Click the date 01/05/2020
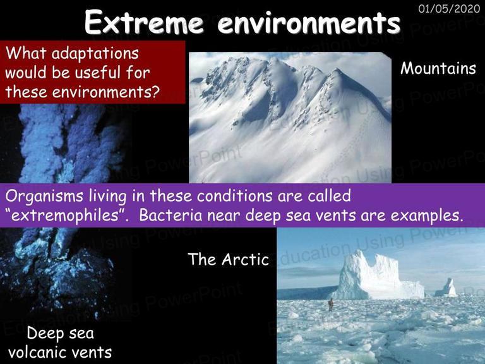[449, 8]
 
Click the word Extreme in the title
[144, 23]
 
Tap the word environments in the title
[309, 23]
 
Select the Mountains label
[438, 68]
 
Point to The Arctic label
[228, 259]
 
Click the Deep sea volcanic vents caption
[60, 343]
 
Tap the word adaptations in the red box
[95, 54]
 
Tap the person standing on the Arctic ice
[331, 305]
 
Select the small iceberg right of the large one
[446, 288]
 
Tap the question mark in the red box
[155, 91]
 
